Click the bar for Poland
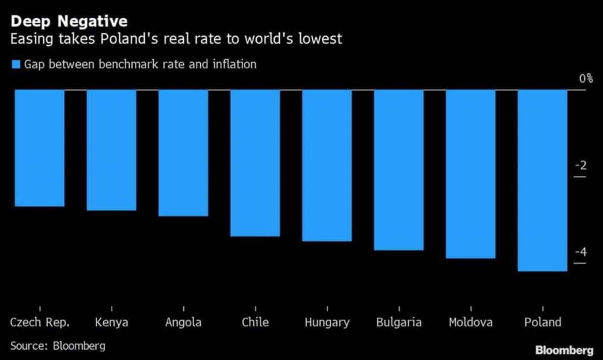542,180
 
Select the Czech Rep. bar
39,148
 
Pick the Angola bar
183,153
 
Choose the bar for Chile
255,163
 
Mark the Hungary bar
327,165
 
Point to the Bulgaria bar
399,169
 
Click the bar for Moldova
470,174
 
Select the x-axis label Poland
542,322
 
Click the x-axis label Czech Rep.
40,322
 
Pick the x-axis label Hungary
327,323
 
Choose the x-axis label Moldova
470,322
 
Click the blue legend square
16,64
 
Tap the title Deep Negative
69,22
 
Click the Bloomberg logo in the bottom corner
564,350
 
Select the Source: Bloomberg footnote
58,346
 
